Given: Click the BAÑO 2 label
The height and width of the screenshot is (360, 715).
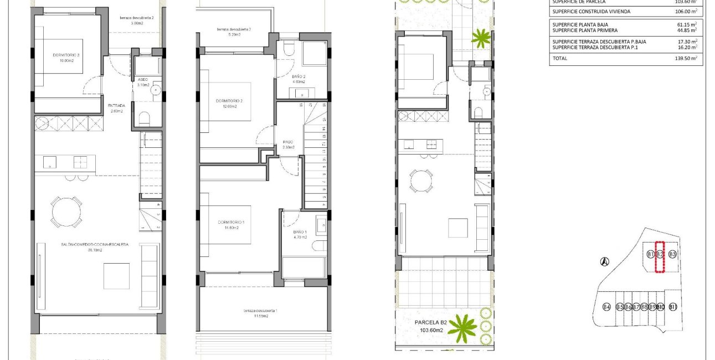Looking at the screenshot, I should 299,78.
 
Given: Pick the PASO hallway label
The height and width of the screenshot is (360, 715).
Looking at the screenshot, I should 288,142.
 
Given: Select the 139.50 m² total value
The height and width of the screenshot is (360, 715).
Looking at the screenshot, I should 686,58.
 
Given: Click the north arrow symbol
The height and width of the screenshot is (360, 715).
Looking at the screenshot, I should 605,262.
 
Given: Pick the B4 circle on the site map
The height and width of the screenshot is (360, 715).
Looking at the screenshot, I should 606,307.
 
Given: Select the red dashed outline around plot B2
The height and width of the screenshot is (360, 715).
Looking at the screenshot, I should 660,258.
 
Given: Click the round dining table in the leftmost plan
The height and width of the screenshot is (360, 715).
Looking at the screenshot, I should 66,211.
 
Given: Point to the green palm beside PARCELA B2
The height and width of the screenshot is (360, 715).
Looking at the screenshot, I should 462,328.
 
